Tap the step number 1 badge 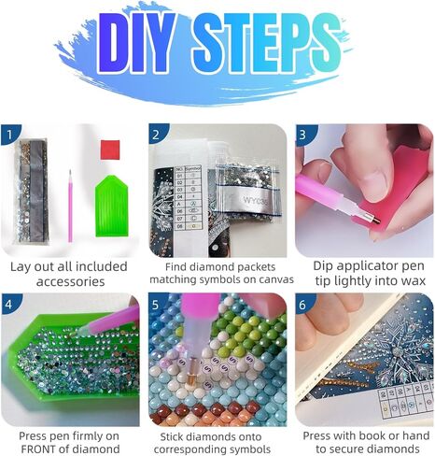click(10, 135)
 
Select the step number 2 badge click(157, 134)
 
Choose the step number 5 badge click(157, 304)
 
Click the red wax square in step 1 click(110, 150)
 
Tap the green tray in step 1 click(112, 206)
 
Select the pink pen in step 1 click(70, 207)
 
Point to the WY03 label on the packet click(256, 200)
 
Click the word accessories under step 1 click(70, 282)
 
